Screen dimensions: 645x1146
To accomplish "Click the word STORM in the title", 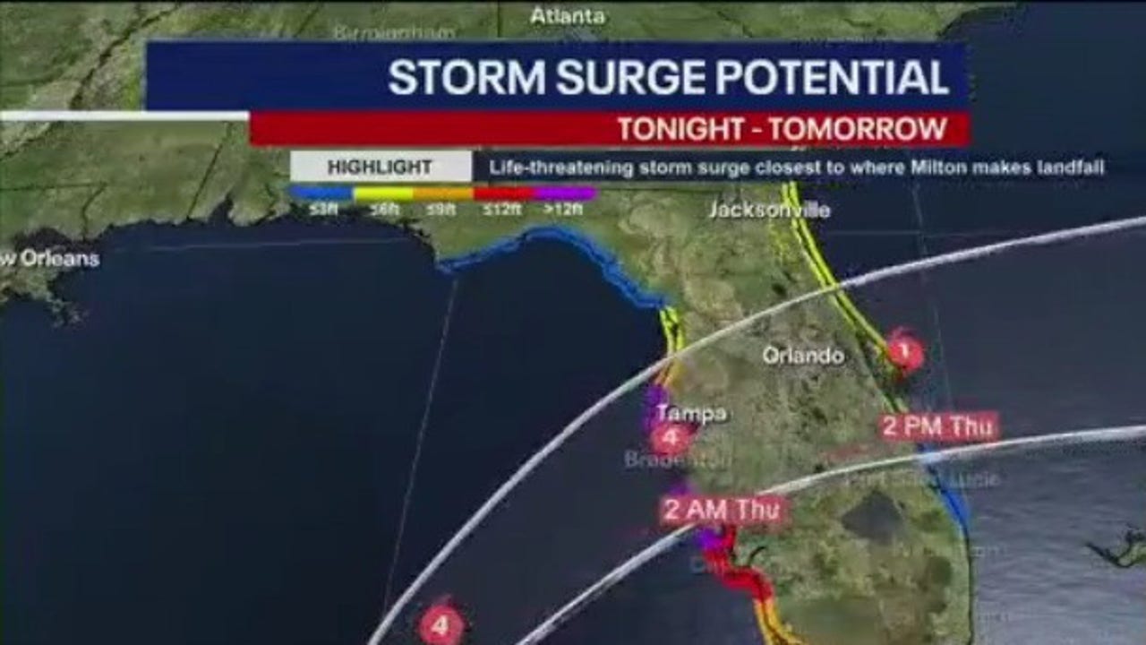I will tap(466, 78).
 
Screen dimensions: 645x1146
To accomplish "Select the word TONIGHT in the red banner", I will tap(675, 129).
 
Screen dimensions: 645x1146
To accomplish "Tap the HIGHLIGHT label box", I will tap(381, 167).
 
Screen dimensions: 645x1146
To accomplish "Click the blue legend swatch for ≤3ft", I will tap(321, 193).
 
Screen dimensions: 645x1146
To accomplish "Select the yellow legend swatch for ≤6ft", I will tap(382, 193).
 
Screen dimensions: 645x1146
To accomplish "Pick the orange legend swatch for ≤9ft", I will tap(443, 193).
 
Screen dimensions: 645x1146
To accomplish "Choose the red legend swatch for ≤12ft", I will tap(504, 193).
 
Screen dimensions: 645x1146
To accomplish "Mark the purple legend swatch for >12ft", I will tap(564, 193).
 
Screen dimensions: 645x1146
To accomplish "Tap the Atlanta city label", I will tap(568, 16).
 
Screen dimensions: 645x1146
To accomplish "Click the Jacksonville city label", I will tap(769, 211).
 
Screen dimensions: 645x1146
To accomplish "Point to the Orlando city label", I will tap(803, 356).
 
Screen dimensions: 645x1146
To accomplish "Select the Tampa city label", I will tap(691, 414).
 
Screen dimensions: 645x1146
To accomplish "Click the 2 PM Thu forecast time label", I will tap(937, 426).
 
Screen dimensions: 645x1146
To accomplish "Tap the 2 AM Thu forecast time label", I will tap(723, 511).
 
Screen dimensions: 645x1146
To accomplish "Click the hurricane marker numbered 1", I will tap(904, 351).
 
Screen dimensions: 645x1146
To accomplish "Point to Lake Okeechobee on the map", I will tap(873, 517).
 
